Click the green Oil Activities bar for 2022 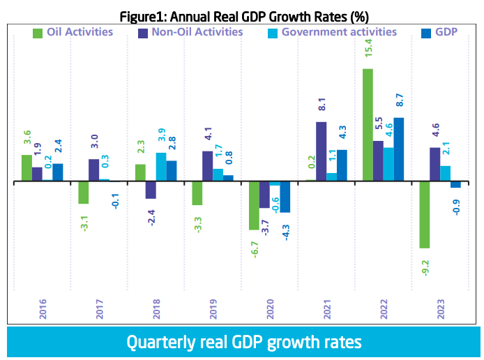367,124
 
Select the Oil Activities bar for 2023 424,214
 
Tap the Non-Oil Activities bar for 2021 321,151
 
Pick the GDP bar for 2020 285,196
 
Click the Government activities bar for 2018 160,167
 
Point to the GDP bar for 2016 58,172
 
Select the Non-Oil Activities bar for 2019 208,166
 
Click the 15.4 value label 367,52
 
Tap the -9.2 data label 424,269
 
